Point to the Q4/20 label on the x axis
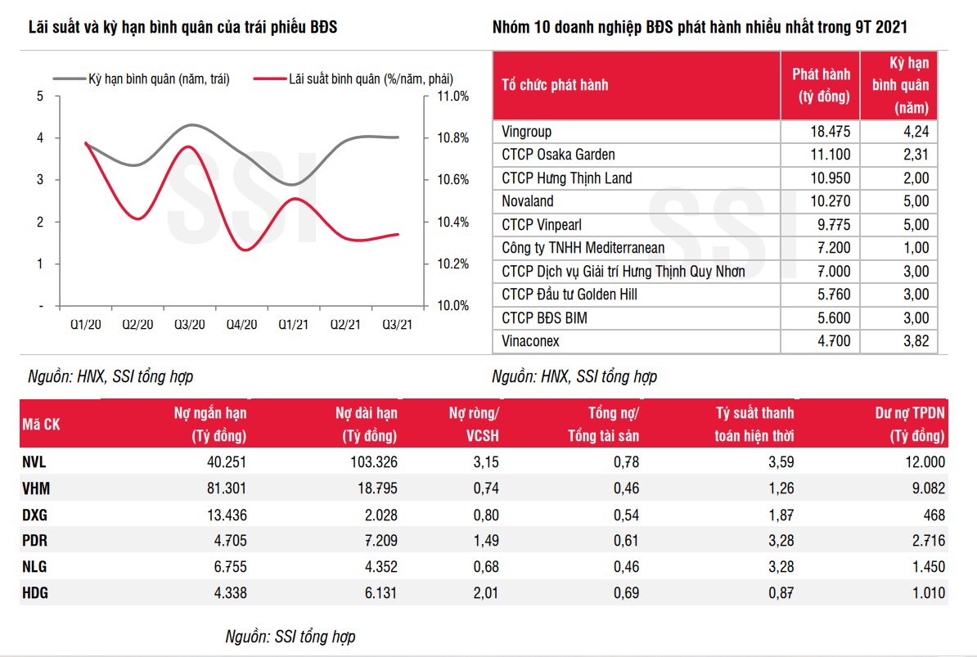point(241,325)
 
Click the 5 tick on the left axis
point(40,96)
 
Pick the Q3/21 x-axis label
point(397,325)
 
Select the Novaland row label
point(528,201)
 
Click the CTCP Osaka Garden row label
point(558,155)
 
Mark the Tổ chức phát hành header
point(555,85)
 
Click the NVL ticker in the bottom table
point(35,461)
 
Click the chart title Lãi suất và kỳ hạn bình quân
point(182,27)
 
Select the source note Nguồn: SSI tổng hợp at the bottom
point(290,637)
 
